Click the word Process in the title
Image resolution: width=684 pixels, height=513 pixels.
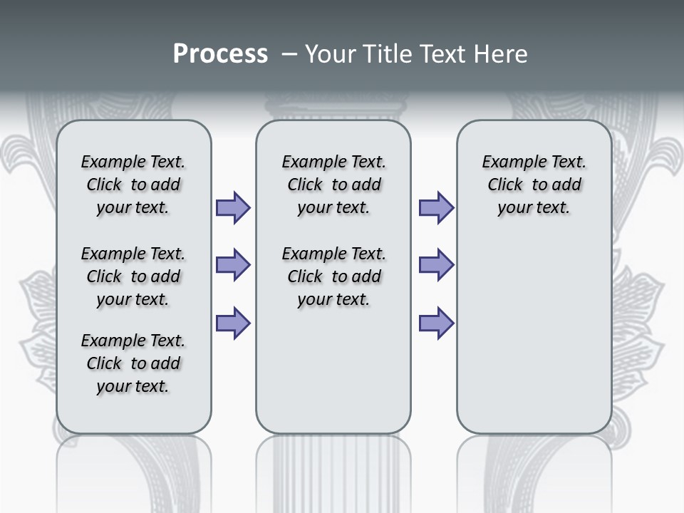(220, 53)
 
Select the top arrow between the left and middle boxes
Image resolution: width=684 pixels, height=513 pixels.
(233, 207)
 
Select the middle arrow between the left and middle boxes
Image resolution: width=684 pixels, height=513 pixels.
(233, 265)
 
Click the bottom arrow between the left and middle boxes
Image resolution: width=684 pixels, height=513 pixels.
(233, 323)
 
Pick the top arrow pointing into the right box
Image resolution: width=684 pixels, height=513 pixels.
(436, 207)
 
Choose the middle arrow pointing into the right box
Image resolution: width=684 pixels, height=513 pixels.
(436, 265)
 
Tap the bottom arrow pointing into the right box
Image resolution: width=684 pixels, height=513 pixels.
(436, 323)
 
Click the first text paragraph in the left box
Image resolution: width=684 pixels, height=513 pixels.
(133, 185)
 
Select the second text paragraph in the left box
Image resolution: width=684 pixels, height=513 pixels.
(133, 276)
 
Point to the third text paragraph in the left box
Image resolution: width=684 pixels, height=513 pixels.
(133, 363)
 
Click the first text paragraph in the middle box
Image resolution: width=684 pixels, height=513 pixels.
(334, 185)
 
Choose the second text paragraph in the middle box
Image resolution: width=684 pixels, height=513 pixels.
(334, 276)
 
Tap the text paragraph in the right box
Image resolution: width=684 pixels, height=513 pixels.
(534, 185)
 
